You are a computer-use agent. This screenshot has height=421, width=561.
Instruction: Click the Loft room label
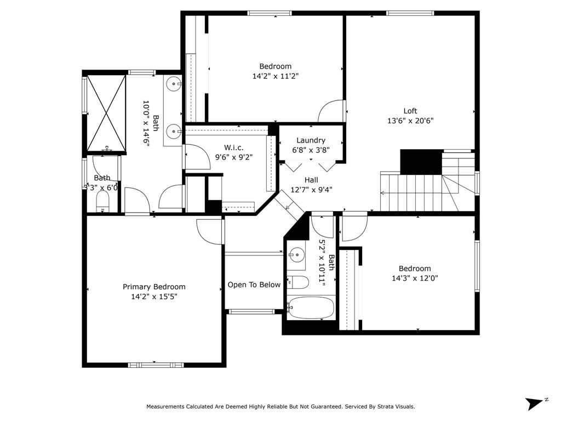point(410,111)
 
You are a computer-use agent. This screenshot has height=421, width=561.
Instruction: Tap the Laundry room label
point(311,140)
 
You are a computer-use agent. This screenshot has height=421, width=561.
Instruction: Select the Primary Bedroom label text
point(154,287)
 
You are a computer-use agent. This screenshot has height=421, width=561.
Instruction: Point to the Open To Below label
point(254,285)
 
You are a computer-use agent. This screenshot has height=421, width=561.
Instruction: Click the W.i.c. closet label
point(233,147)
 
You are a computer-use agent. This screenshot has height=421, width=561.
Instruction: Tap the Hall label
point(311,180)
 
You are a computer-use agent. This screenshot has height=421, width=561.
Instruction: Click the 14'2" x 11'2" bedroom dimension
point(275,76)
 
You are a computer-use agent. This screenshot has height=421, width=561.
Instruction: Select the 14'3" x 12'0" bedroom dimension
point(415,278)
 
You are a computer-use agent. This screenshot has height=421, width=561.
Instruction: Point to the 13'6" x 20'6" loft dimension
point(410,121)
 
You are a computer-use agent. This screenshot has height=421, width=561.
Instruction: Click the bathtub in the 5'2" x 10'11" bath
point(311,308)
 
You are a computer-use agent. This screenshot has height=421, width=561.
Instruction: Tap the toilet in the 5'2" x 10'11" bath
point(297,282)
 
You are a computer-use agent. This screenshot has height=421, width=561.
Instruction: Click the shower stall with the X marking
point(106,113)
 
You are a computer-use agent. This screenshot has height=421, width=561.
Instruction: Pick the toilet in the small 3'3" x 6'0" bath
point(102,202)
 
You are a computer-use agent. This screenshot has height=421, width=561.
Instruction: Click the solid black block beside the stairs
point(421,162)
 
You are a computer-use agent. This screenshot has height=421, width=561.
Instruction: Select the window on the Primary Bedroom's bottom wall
point(156,365)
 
